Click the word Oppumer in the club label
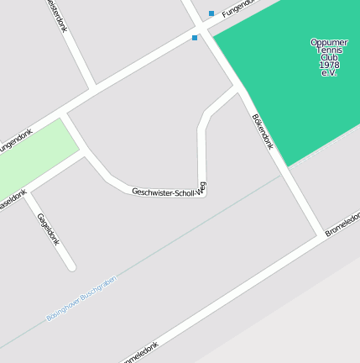coord(329,42)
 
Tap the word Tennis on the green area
coord(329,50)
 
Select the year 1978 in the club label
coord(329,65)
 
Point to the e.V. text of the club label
coord(329,73)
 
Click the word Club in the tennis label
coord(329,57)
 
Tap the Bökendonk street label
coord(263,132)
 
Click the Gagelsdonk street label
coord(49,229)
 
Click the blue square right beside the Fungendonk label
coord(211,13)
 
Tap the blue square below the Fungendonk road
coord(195,38)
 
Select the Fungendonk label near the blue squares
coord(237,10)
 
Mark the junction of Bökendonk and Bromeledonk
coord(320,233)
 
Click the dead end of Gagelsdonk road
coord(71,266)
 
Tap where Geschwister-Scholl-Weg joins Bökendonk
coord(237,89)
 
